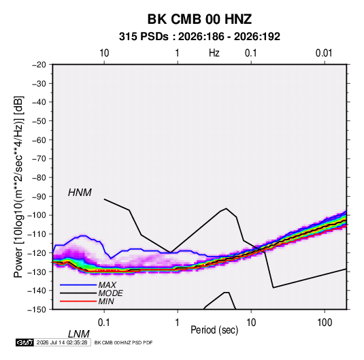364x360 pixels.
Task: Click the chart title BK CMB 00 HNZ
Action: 199,19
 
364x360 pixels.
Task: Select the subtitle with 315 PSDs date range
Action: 199,37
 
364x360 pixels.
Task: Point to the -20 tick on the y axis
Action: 39,65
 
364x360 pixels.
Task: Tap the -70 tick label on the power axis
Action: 39,159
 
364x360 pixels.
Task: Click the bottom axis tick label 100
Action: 325,323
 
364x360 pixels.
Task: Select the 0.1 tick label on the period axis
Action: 104,323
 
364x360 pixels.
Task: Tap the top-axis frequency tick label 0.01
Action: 324,53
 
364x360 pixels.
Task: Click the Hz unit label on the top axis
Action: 214,53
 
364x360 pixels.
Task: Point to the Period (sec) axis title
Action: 214,330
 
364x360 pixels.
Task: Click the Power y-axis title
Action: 18,186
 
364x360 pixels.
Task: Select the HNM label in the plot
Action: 80,193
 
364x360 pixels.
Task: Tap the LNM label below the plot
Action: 78,334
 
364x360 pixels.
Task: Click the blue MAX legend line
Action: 78,285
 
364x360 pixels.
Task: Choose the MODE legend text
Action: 110,293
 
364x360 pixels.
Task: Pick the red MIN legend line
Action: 78,301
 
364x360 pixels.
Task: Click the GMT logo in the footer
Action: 24,342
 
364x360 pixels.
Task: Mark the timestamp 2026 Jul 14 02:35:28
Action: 62,342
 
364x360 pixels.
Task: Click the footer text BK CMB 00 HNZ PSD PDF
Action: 123,342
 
